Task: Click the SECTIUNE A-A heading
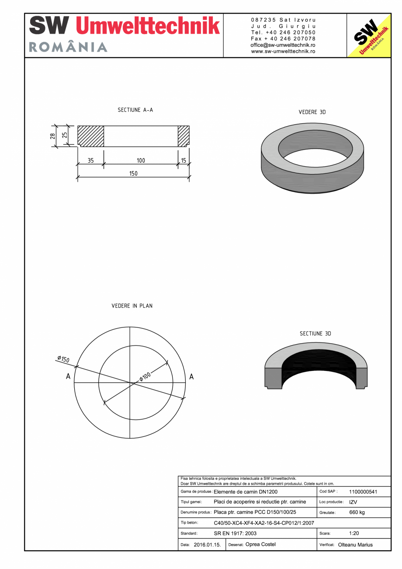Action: pos(135,110)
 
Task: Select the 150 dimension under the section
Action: pos(133,174)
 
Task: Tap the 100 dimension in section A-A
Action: pos(141,161)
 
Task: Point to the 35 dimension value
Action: pos(90,161)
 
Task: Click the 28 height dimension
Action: pos(53,136)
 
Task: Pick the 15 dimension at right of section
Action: pos(184,161)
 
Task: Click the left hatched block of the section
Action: pos(91,136)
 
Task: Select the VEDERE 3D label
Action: pos(312,112)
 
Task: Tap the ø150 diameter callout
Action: pos(63,359)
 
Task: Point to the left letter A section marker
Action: pos(68,376)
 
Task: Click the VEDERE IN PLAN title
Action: pos(132,306)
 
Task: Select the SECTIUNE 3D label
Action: pos(315,334)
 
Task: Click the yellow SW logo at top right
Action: pos(369,36)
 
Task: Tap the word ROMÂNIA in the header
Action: pos(68,47)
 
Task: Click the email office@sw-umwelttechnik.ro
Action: pos(283,45)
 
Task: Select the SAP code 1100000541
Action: pos(363,492)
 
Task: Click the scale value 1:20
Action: pos(354,534)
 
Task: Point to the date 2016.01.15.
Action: pos(207,545)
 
